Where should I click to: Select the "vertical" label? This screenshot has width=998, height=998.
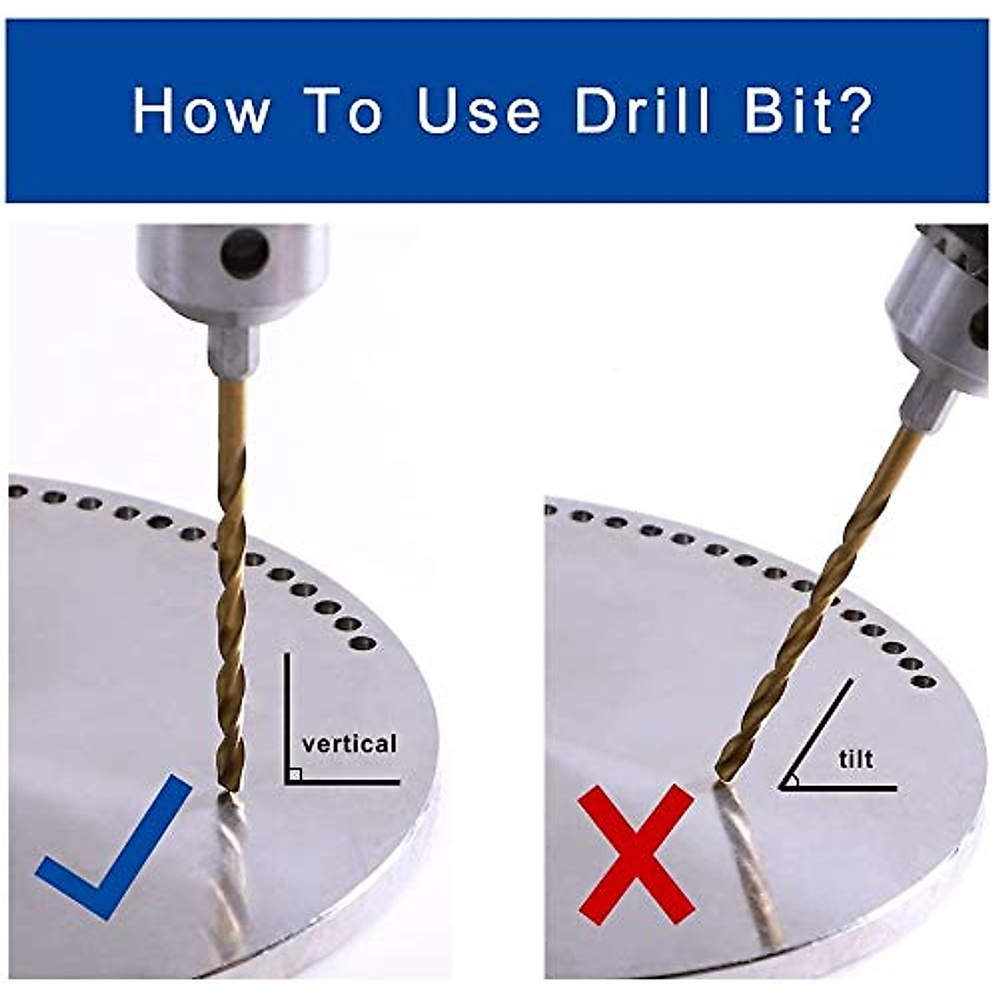349,744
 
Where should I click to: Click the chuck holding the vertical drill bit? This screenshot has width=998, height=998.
232,293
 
